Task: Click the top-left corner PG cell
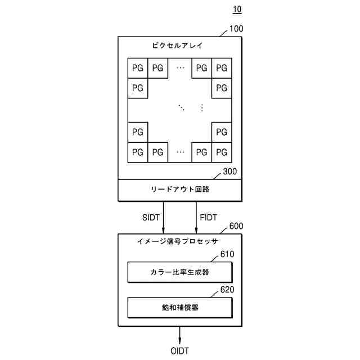point(138,68)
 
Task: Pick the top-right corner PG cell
point(222,68)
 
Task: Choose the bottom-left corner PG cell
point(138,152)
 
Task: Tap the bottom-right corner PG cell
point(222,152)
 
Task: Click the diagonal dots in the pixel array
point(181,107)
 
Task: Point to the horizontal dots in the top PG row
point(180,68)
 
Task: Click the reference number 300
point(230,172)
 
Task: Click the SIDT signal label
point(152,217)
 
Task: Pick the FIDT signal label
point(209,217)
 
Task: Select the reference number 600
point(237,227)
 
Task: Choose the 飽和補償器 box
point(180,308)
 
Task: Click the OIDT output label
point(180,350)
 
